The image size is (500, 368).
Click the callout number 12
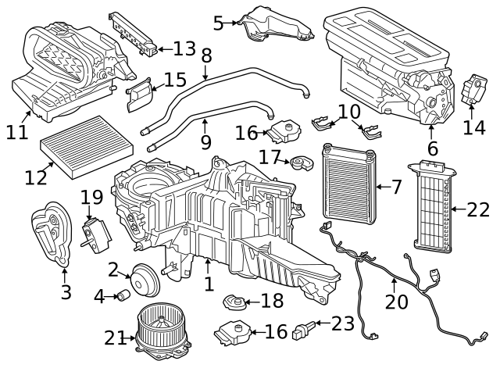tap(36, 177)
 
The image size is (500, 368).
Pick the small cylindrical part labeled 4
tap(123, 295)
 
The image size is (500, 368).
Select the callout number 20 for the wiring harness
tap(396, 300)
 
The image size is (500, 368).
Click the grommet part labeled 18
tap(232, 301)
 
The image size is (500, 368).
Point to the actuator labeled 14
tap(475, 89)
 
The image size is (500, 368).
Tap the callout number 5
tap(218, 23)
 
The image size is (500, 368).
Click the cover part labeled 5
tap(273, 23)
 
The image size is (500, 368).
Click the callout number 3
tap(66, 292)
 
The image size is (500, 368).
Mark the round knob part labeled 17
tap(302, 164)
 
